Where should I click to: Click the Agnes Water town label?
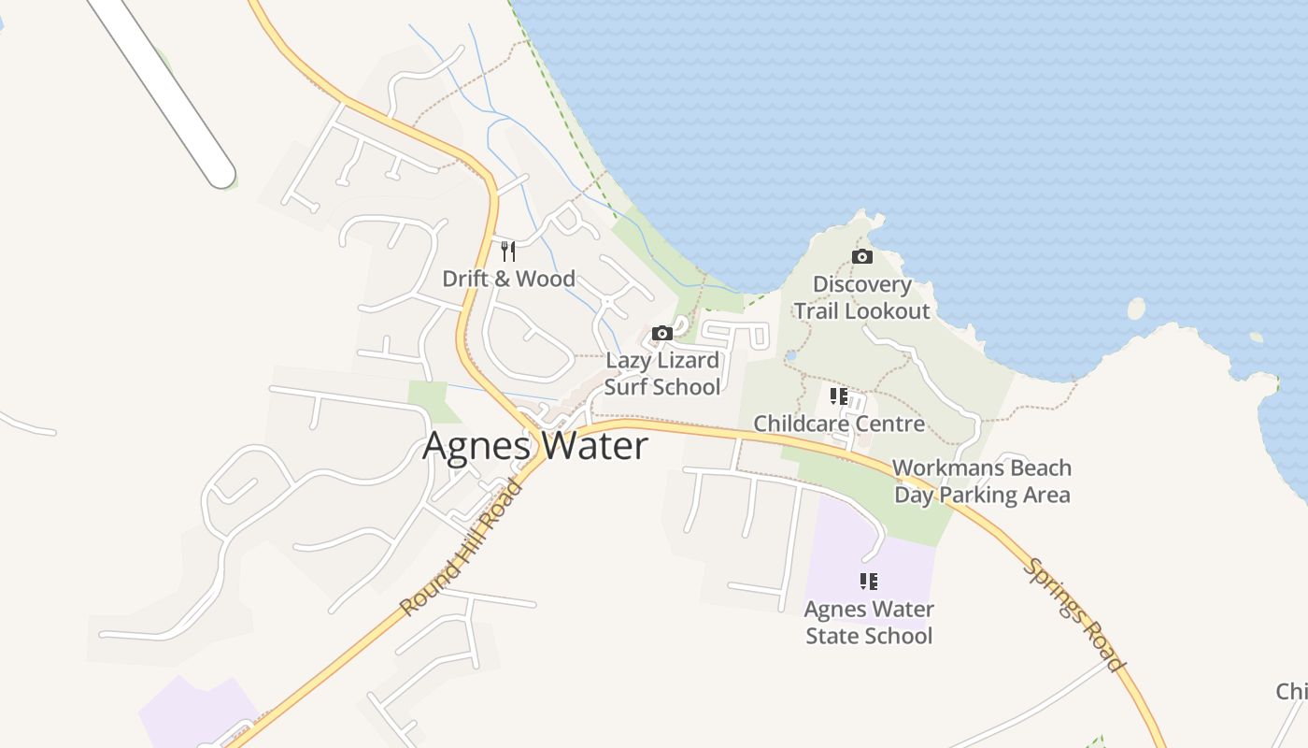534,446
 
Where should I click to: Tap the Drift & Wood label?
508,279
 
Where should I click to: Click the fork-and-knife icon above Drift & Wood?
508,251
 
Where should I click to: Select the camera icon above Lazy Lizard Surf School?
661,334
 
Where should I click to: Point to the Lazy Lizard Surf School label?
662,373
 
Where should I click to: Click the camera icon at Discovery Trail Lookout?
861,256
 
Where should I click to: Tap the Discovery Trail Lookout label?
861,297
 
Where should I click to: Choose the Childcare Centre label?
839,424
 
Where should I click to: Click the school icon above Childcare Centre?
839,396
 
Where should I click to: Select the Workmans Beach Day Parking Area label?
982,481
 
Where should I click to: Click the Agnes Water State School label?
869,622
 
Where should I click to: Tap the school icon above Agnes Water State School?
869,582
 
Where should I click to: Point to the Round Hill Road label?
461,547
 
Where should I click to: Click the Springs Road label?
1074,614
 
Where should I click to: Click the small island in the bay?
1136,308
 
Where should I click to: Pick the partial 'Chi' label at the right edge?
1291,692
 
